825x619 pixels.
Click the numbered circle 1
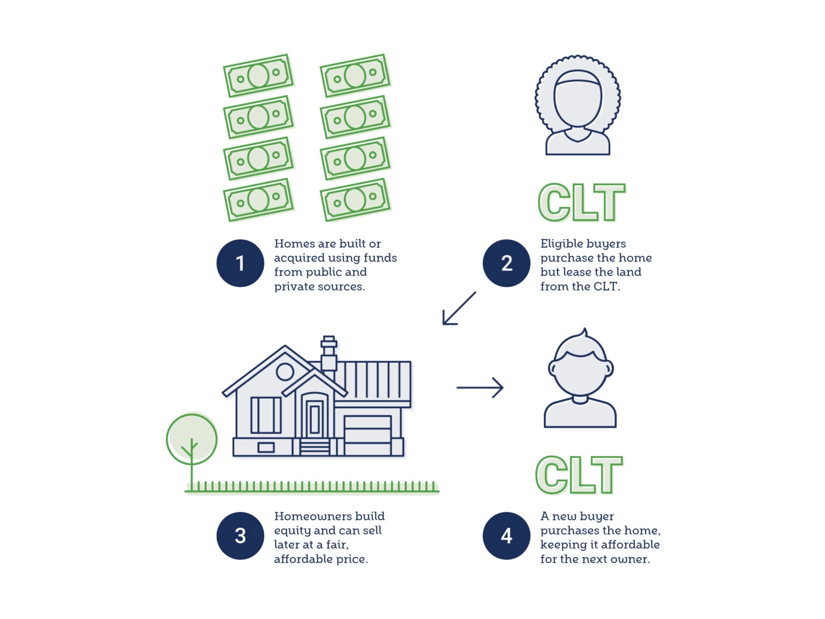pos(240,263)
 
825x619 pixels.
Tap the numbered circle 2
pos(506,263)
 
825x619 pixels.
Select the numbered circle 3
pos(240,536)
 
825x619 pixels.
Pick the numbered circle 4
pos(506,536)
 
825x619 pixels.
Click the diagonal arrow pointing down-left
pos(459,308)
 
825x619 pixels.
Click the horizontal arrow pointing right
pos(480,387)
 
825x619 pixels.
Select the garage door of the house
pos(367,435)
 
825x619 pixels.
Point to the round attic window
pos(285,371)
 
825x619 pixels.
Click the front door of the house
pos(315,419)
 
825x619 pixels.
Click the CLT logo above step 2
pos(582,203)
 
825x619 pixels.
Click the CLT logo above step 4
pos(579,475)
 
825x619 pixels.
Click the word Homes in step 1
pos(294,244)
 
